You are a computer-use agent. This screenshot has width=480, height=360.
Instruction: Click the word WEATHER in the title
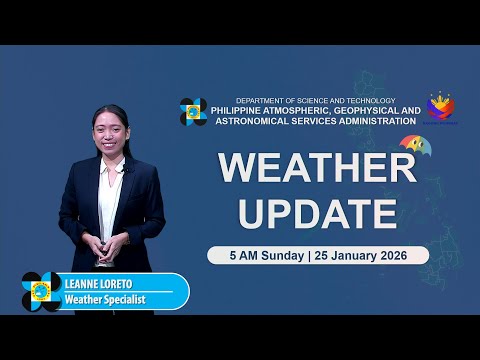click(317, 168)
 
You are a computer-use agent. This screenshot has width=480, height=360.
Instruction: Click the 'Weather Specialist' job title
click(104, 299)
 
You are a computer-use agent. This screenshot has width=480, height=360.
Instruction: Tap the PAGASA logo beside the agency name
click(193, 111)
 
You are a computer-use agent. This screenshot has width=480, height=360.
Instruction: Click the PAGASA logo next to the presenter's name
click(41, 291)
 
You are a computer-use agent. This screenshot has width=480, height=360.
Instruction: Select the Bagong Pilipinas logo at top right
click(441, 107)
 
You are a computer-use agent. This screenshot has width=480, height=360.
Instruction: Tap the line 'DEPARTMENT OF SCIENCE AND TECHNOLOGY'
click(316, 101)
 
